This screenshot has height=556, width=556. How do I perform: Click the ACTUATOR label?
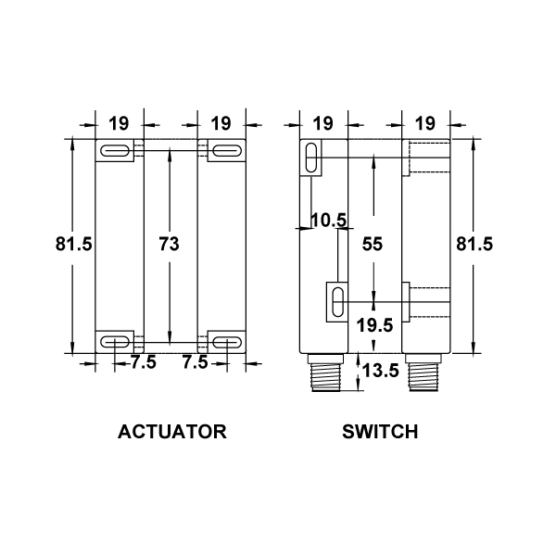tap(172, 432)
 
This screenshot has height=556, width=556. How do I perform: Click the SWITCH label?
tap(380, 432)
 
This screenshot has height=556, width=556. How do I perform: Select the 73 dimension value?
tap(170, 244)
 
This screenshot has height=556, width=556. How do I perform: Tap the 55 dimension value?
tap(373, 244)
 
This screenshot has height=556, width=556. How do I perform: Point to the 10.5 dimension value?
tap(328, 221)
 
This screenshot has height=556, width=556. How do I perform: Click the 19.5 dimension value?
tap(374, 325)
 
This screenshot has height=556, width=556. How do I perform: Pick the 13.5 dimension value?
tap(381, 371)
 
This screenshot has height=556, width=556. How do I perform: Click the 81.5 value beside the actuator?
tap(74, 244)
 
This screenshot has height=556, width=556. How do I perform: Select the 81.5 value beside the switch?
tap(474, 244)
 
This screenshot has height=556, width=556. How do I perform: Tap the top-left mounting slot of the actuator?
tap(115, 151)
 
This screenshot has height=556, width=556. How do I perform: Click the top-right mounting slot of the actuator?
tap(227, 151)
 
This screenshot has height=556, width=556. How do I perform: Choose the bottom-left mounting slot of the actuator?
tap(115, 342)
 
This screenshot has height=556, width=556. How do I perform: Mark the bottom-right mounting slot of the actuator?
tap(227, 342)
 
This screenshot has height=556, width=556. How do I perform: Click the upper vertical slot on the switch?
tap(311, 158)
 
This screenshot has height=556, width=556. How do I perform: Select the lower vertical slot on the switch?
tap(337, 302)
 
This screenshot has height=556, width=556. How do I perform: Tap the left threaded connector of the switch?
tap(325, 373)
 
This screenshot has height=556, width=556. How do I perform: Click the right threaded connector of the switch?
tap(423, 373)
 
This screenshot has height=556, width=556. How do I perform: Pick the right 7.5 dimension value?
tap(195, 362)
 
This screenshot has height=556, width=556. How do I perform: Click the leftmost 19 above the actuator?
tap(119, 123)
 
